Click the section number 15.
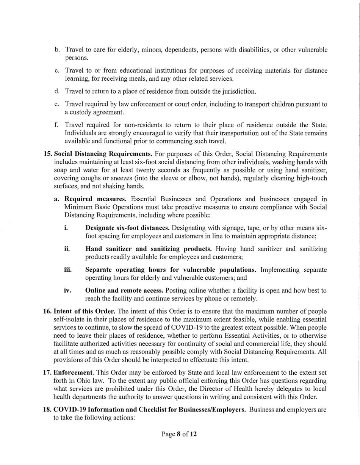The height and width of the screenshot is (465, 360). [48, 154]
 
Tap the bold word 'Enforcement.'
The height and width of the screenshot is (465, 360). [74, 373]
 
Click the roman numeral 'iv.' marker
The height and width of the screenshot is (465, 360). [67, 291]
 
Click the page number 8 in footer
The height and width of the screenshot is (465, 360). [178, 434]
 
